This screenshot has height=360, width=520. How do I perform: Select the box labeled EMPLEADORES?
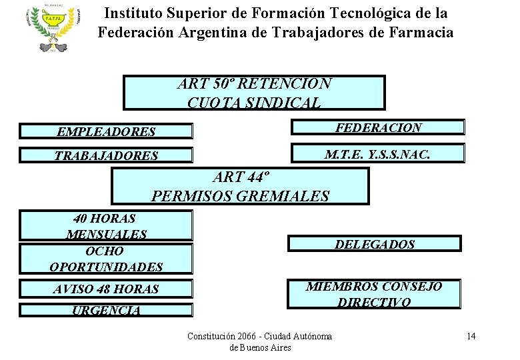106,131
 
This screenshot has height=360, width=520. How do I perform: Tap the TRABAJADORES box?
106,155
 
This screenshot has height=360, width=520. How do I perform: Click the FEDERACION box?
377,127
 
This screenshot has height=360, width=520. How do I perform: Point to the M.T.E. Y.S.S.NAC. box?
377,155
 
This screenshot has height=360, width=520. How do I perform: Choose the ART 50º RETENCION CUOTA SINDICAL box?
254,93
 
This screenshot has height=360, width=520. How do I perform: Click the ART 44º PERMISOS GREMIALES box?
240,186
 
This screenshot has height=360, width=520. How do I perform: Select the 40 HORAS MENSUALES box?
106,225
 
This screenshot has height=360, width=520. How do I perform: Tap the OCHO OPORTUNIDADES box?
106,259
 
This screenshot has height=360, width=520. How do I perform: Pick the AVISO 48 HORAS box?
106,289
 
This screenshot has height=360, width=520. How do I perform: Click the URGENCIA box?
106,310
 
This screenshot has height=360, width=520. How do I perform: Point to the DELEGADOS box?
374,244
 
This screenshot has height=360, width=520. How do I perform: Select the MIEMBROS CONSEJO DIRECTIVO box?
374,294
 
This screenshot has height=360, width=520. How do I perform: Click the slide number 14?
471,336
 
